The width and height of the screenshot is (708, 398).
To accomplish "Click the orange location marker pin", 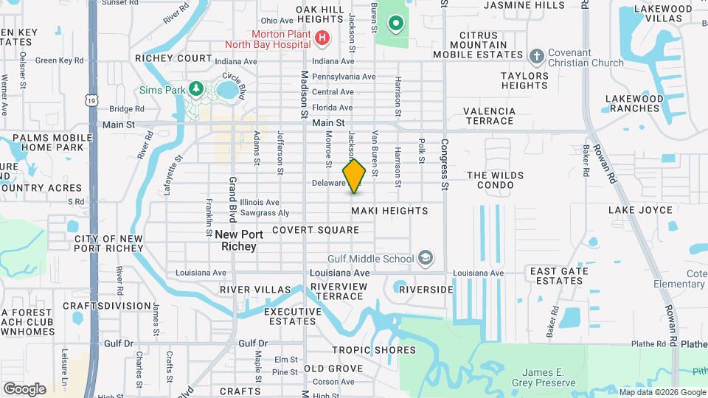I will pyautogui.click(x=354, y=176).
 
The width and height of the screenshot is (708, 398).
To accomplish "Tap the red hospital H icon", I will pyautogui.click(x=321, y=38).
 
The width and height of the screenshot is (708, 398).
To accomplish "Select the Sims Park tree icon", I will pyautogui.click(x=196, y=89).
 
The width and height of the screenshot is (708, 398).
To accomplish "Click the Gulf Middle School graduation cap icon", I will pyautogui.click(x=425, y=258).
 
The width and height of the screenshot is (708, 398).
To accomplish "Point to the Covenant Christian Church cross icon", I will pyautogui.click(x=536, y=55).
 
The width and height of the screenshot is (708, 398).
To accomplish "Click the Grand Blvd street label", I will pyautogui.click(x=232, y=198).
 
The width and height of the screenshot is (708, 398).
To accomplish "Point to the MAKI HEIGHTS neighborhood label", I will pyautogui.click(x=389, y=211).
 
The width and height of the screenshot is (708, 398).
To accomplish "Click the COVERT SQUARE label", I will pyautogui.click(x=315, y=230).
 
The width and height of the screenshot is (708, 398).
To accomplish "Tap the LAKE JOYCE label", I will pyautogui.click(x=640, y=210).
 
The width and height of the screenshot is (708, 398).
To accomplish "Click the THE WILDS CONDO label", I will pyautogui.click(x=505, y=181).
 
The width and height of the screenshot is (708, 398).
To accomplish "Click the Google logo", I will pyautogui.click(x=24, y=389).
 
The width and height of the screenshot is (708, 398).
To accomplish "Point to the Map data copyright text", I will pyautogui.click(x=662, y=392).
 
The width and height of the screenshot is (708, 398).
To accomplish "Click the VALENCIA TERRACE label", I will pyautogui.click(x=488, y=116).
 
